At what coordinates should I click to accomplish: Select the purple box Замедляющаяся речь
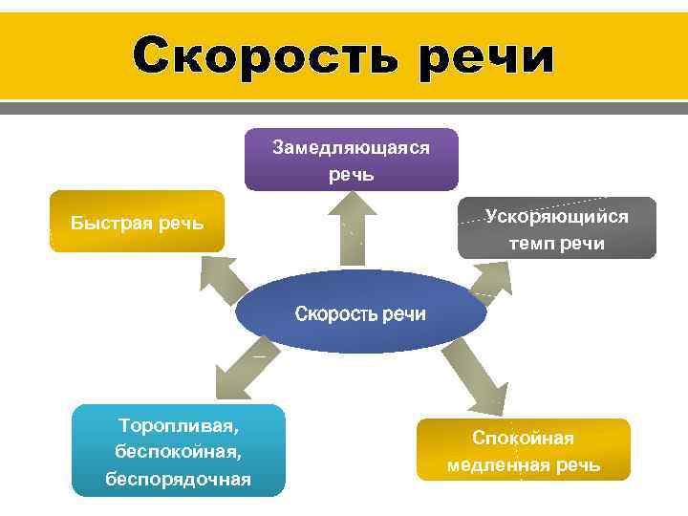pyautogui.click(x=351, y=160)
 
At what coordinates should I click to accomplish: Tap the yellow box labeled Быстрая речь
pyautogui.click(x=137, y=222)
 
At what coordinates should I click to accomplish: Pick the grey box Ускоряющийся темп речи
pyautogui.click(x=556, y=228)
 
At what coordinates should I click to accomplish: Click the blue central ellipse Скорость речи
pyautogui.click(x=360, y=313)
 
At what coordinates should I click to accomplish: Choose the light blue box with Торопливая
pyautogui.click(x=178, y=450)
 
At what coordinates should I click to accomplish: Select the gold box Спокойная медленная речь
pyautogui.click(x=524, y=450)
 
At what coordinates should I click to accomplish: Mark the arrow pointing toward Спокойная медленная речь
pyautogui.click(x=474, y=374)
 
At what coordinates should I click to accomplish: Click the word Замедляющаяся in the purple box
pyautogui.click(x=351, y=148)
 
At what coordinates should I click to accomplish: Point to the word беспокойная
pyautogui.click(x=178, y=450)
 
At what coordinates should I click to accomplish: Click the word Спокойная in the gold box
pyautogui.click(x=524, y=438)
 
